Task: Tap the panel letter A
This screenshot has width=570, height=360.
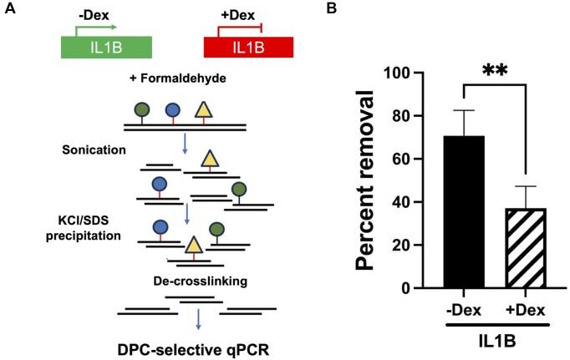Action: coord(8,10)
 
